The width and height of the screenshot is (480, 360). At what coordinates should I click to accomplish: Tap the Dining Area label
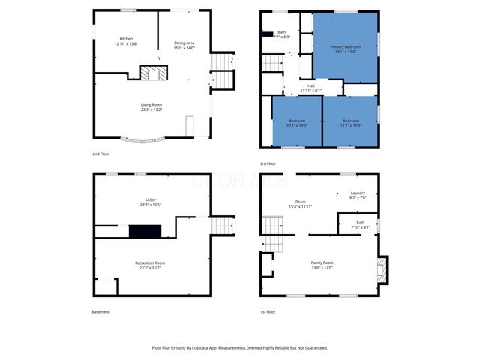pyautogui.click(x=184, y=43)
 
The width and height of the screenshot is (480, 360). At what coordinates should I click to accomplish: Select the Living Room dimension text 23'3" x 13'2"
pyautogui.click(x=151, y=109)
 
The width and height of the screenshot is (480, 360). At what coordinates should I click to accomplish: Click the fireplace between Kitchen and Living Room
pyautogui.click(x=155, y=73)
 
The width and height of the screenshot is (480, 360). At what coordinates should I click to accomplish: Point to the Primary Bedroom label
pyautogui.click(x=346, y=46)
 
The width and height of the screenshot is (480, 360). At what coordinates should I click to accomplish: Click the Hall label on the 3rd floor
pyautogui.click(x=310, y=85)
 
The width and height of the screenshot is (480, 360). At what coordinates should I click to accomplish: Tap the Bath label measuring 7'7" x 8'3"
pyautogui.click(x=282, y=32)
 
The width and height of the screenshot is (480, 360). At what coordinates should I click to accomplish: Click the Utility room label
pyautogui.click(x=151, y=199)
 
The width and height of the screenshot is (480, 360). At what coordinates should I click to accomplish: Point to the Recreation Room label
pyautogui.click(x=150, y=262)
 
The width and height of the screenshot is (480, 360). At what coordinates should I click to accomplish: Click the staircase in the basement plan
pyautogui.click(x=222, y=225)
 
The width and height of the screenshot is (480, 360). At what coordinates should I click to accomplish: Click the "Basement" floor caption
pyautogui.click(x=100, y=312)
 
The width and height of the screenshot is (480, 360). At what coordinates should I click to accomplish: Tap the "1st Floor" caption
pyautogui.click(x=268, y=312)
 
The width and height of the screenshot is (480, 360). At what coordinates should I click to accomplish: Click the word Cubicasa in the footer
pyautogui.click(x=208, y=347)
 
